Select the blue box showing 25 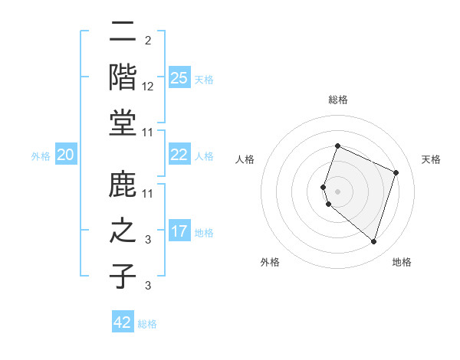179,77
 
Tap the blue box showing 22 179,155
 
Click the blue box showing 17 179,231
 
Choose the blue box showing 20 66,155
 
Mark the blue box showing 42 123,322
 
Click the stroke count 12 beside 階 148,86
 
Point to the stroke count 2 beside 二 147,40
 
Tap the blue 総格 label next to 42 147,324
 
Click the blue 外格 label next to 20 41,156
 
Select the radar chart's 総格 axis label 337,100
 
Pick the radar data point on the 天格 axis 396,172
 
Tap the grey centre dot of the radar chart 337,191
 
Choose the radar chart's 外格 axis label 270,262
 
